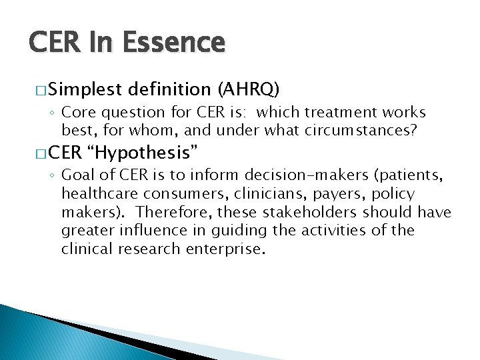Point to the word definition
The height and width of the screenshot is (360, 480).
pyautogui.click(x=171, y=89)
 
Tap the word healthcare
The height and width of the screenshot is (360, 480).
pyautogui.click(x=99, y=194)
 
